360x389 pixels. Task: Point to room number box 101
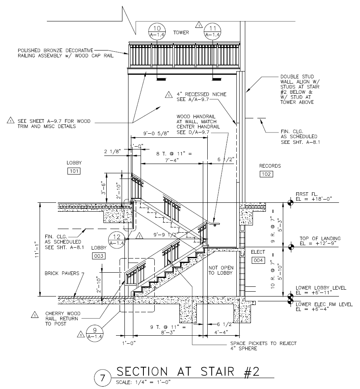74,171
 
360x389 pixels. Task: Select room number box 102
267,174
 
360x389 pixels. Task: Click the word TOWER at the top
181,32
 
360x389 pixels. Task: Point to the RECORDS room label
270,166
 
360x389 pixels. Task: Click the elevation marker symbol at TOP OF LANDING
290,246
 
